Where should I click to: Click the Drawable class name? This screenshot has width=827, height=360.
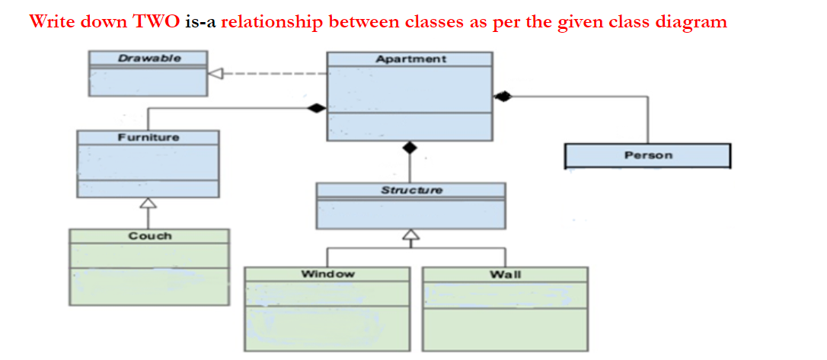pyautogui.click(x=149, y=58)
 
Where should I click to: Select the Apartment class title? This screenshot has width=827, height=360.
pyautogui.click(x=410, y=59)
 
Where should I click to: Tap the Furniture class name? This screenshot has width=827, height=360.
pyautogui.click(x=148, y=137)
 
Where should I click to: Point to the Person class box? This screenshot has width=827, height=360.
pyautogui.click(x=648, y=155)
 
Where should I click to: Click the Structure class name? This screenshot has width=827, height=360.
pyautogui.click(x=411, y=190)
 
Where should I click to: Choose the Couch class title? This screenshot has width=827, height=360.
pyautogui.click(x=150, y=236)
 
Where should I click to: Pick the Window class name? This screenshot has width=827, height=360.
pyautogui.click(x=327, y=273)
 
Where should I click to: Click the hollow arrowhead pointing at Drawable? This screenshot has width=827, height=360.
pyautogui.click(x=216, y=74)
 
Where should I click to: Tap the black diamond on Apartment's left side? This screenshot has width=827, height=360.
pyautogui.click(x=316, y=109)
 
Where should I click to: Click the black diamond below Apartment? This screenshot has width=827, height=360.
pyautogui.click(x=410, y=148)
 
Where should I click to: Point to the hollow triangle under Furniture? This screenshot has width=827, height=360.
pyautogui.click(x=148, y=203)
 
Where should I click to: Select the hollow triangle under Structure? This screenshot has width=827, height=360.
pyautogui.click(x=411, y=234)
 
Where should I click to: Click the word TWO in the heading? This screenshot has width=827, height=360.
pyautogui.click(x=157, y=21)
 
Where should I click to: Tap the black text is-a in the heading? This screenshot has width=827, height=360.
pyautogui.click(x=201, y=21)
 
